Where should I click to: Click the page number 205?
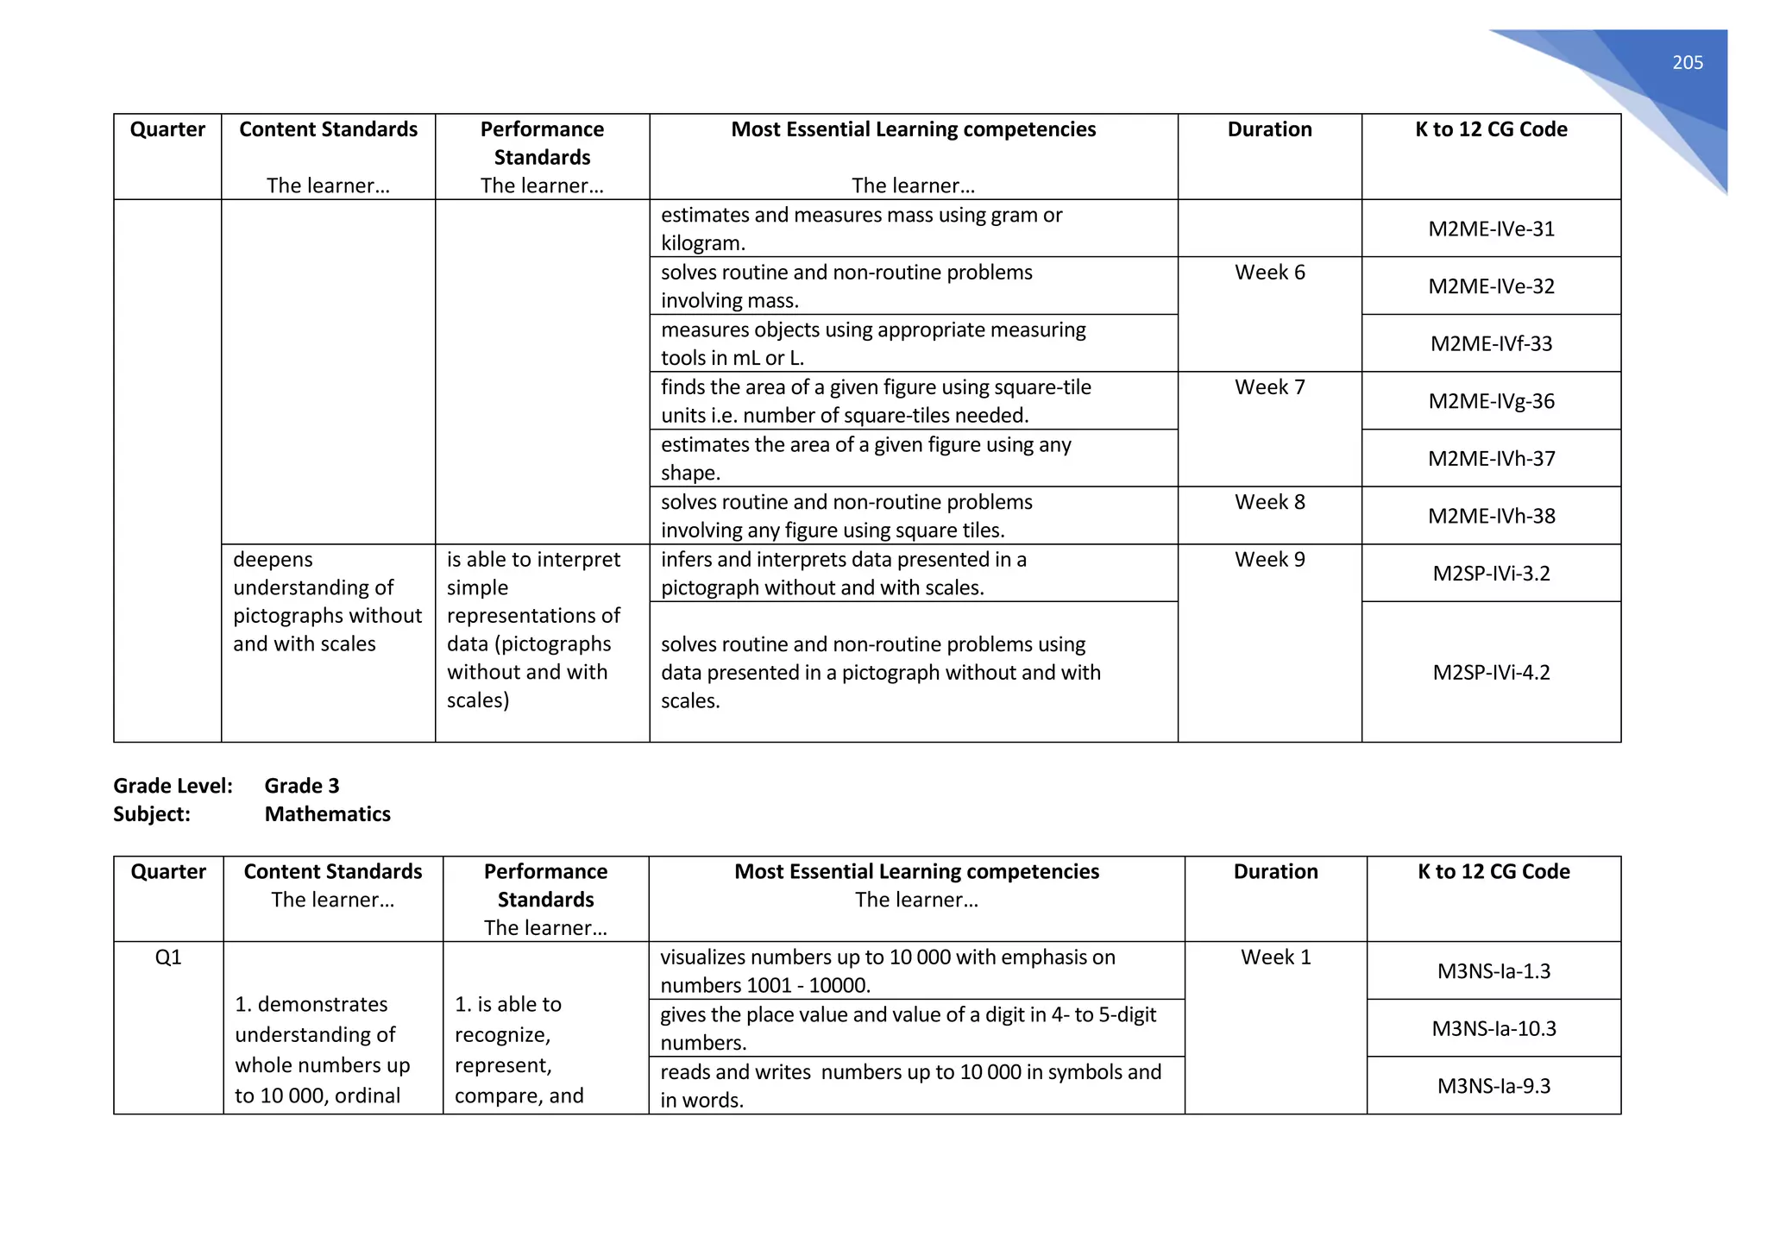pos(1687,62)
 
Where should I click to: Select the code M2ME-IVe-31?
pos(1491,229)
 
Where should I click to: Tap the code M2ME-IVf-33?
pos(1491,343)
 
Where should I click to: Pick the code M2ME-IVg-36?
pos(1491,401)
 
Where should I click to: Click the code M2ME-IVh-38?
pos(1491,516)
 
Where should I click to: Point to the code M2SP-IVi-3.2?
pos(1491,574)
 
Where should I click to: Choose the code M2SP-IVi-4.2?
pos(1491,672)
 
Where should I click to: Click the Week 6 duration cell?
pos(1269,273)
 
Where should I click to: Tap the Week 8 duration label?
pos(1269,502)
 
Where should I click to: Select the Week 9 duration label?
pos(1269,560)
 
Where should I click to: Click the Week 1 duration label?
pos(1275,957)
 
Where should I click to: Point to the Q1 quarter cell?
pos(168,957)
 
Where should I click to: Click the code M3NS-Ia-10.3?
pos(1493,1028)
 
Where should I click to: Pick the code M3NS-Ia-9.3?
pos(1493,1086)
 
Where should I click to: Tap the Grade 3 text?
pos(302,786)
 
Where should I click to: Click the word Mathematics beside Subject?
pos(327,814)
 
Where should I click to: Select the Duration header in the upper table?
pos(1269,129)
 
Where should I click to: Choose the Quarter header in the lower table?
pos(168,872)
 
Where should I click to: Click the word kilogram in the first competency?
pos(701,243)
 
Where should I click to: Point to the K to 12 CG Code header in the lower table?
pos(1493,872)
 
